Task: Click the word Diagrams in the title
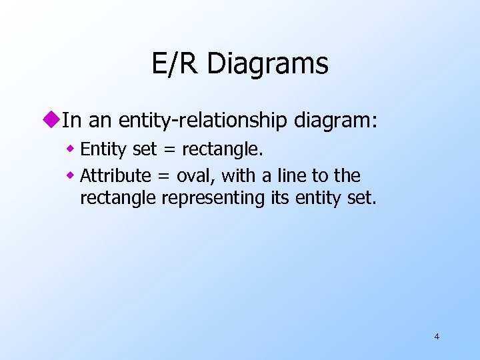click(267, 65)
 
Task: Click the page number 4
click(437, 336)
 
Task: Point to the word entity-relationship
click(203, 121)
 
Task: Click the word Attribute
click(115, 176)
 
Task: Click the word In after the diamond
click(71, 121)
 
